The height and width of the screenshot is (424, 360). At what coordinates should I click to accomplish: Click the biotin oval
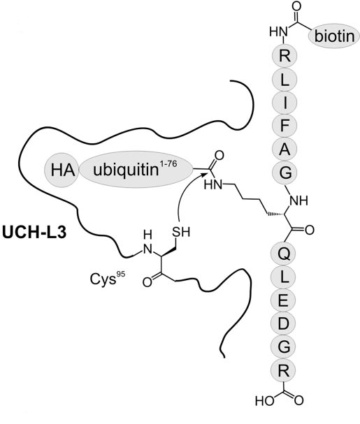[334, 36]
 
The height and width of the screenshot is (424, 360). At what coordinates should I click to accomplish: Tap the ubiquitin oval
[136, 170]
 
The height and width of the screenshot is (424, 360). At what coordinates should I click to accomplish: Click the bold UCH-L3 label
[34, 233]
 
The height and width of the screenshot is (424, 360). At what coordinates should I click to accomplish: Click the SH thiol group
[181, 232]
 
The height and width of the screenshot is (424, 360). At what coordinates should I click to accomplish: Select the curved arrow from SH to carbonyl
[187, 195]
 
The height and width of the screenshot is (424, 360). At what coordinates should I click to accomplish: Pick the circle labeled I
[285, 103]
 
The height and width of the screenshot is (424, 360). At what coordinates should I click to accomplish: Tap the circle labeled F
[285, 126]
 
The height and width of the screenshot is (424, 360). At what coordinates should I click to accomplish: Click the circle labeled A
[285, 149]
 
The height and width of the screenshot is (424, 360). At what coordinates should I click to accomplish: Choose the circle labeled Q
[285, 254]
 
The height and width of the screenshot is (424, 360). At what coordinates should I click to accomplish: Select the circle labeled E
[285, 300]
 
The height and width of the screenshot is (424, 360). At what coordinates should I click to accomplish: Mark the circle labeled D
[285, 323]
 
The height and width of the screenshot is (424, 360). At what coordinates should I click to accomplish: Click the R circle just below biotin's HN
[285, 56]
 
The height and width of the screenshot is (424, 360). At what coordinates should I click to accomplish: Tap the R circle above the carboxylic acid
[285, 370]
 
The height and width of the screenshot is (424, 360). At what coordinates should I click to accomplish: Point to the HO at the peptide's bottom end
[264, 400]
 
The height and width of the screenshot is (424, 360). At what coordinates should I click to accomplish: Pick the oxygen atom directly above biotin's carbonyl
[296, 6]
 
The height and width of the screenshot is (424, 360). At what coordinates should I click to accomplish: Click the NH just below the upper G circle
[298, 200]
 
